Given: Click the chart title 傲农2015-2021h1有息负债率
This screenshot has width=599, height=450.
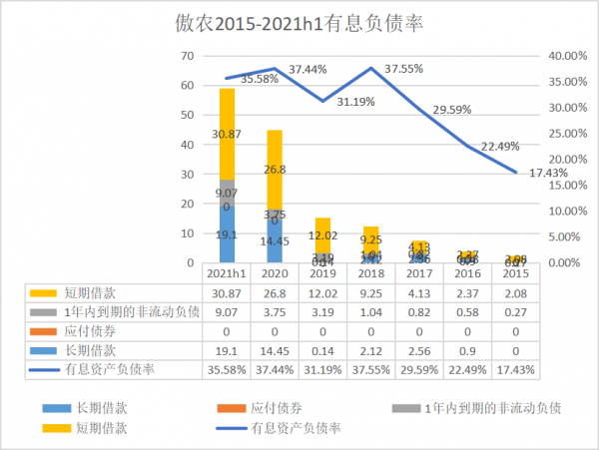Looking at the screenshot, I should [x=299, y=24].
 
